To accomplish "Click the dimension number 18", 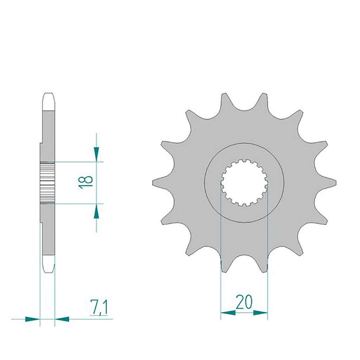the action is (x=85, y=182).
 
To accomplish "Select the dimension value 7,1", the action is (x=99, y=307).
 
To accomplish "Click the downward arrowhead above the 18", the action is (x=96, y=154).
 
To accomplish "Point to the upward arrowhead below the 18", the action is (x=96, y=211).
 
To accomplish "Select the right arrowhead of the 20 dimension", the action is (x=261, y=313).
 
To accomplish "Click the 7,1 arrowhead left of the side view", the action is (x=32, y=319).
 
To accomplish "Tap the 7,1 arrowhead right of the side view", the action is (x=62, y=319).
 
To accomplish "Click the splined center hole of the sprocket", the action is (x=244, y=183).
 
